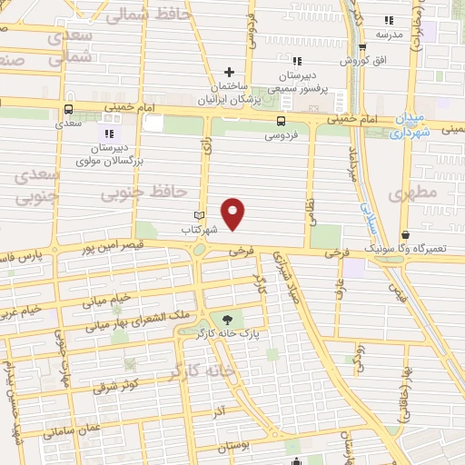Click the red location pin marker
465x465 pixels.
click(234, 213)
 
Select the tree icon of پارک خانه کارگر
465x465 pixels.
click(226, 319)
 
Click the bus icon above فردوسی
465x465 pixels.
click(280, 121)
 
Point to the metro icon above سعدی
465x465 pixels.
click(69, 106)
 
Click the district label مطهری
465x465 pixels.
click(406, 194)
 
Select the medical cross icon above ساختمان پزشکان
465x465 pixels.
click(230, 72)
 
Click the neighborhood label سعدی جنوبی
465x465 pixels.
click(38, 184)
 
